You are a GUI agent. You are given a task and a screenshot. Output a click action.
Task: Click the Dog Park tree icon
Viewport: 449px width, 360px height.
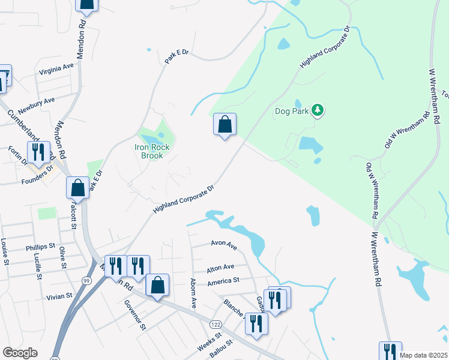(x=318, y=110)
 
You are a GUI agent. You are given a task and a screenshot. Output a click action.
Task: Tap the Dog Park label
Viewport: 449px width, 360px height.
(x=291, y=111)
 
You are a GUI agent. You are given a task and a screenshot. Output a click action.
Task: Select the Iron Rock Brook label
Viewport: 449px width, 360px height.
(x=152, y=151)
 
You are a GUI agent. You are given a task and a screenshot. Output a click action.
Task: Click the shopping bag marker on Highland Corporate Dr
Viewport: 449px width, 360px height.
(x=224, y=125)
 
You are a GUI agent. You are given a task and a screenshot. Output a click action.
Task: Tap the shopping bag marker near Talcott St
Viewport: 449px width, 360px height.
(x=78, y=187)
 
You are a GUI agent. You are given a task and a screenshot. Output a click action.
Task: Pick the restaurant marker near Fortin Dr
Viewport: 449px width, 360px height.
(x=38, y=153)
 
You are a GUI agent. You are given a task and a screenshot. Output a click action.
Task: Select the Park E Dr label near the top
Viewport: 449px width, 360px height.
(x=176, y=58)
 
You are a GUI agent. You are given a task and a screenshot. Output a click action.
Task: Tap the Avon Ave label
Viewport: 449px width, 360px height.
(x=224, y=244)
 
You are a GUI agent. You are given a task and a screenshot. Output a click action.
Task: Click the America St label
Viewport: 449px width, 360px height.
(x=223, y=280)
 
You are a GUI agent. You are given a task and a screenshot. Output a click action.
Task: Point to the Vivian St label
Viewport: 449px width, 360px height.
(x=59, y=296)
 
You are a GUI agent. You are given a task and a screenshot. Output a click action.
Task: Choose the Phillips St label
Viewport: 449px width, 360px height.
(x=40, y=247)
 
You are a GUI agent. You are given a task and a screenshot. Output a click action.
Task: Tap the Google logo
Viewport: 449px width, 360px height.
(x=20, y=353)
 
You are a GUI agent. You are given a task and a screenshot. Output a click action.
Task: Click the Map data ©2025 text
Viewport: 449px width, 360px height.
(x=423, y=355)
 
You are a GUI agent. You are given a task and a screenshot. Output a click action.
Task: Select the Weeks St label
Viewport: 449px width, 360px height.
(x=209, y=342)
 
